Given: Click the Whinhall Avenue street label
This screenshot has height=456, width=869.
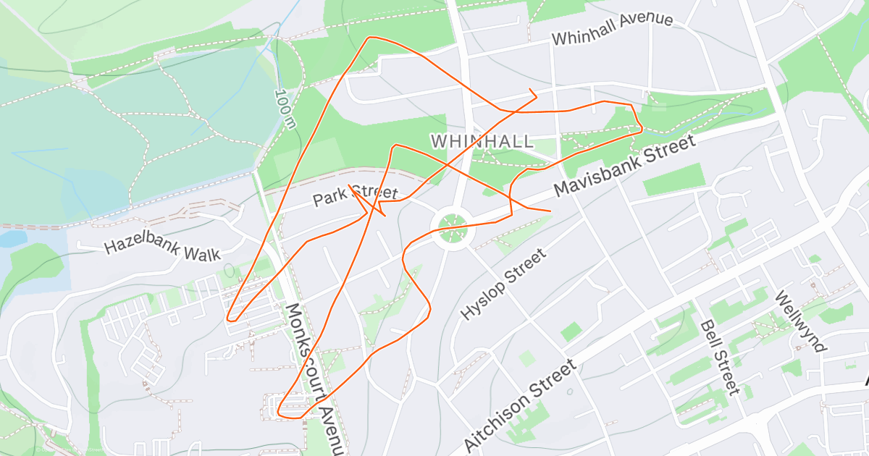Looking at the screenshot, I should (612, 29).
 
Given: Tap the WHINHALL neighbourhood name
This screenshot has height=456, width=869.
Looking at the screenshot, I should (482, 140).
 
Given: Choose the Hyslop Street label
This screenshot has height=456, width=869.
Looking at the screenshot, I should (503, 285).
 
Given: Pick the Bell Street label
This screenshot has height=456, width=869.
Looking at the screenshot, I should (718, 358).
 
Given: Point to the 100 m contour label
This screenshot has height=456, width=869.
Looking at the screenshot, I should (285, 109).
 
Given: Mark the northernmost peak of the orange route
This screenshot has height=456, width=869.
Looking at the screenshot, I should (371, 38).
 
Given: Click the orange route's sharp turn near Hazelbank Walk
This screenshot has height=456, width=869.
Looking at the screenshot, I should (229, 318).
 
